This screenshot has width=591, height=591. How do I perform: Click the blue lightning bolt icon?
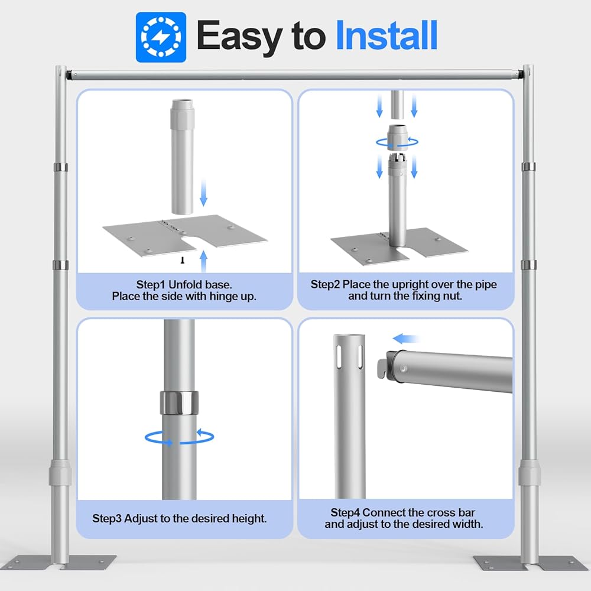coord(161,37)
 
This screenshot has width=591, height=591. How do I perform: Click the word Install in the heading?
coord(387,35)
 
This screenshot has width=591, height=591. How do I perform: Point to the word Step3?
coord(107,518)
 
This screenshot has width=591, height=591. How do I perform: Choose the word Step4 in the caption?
coord(345,512)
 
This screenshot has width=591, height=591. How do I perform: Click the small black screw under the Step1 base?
coord(183,260)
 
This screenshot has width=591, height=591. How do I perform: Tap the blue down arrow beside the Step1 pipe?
coord(203,193)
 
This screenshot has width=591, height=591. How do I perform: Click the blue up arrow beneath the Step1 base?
coord(203,261)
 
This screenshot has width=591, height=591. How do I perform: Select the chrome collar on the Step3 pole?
coord(179,402)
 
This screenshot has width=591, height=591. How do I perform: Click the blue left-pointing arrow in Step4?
coord(405,339)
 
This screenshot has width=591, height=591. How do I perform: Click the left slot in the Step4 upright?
coord(339,356)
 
